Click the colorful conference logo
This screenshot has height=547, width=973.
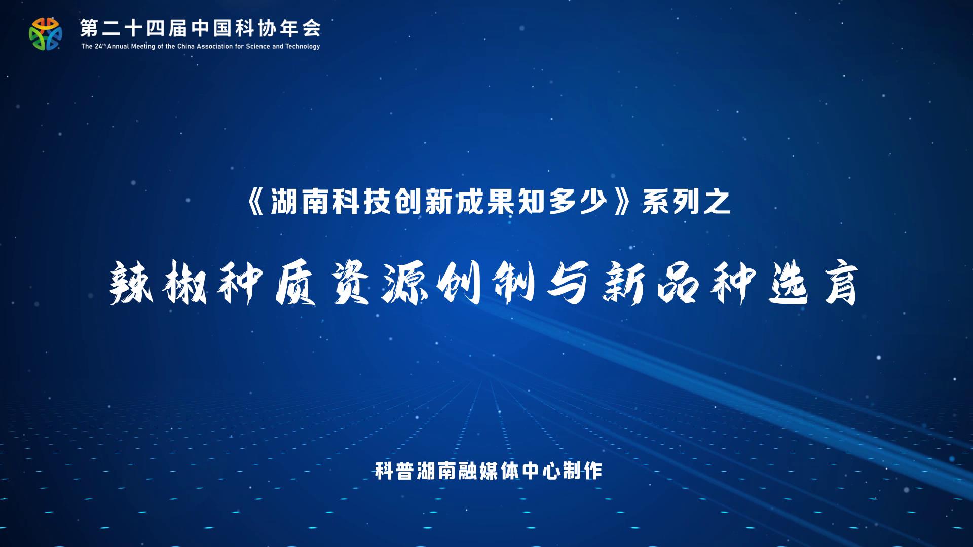pos(46,34)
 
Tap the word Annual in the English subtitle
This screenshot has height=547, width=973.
pos(120,47)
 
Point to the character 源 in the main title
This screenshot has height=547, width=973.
pos(405,283)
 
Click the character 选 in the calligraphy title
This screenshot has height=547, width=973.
pos(789,283)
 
